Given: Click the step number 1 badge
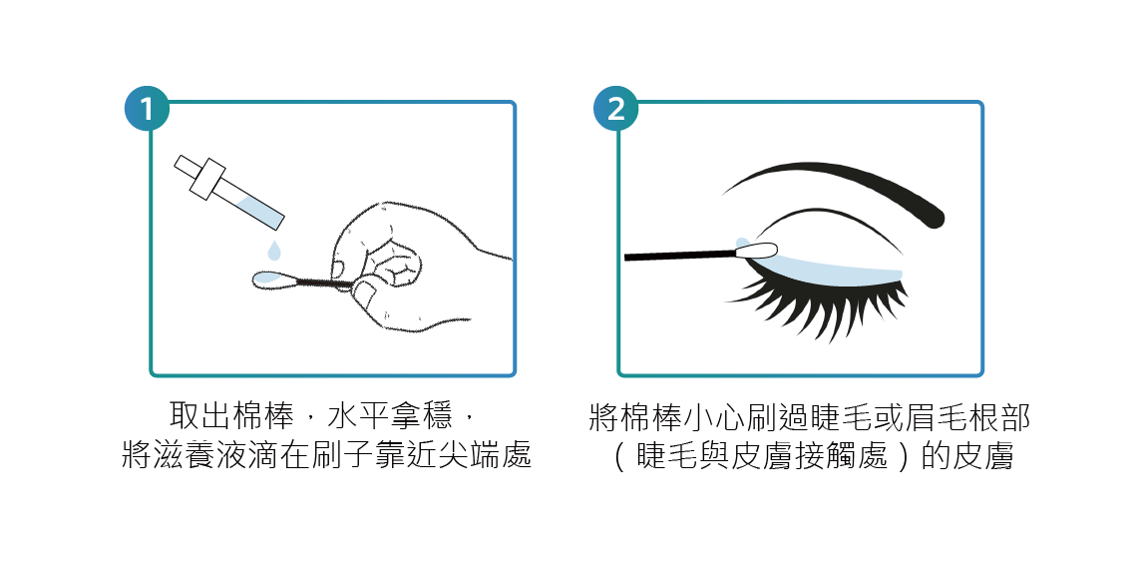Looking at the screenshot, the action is (147, 109).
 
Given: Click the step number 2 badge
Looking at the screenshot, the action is (615, 109).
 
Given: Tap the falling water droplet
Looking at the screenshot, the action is (273, 251).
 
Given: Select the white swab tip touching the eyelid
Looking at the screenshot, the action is (755, 252).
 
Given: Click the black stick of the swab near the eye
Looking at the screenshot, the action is (680, 256).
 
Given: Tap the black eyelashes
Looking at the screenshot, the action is (822, 304).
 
